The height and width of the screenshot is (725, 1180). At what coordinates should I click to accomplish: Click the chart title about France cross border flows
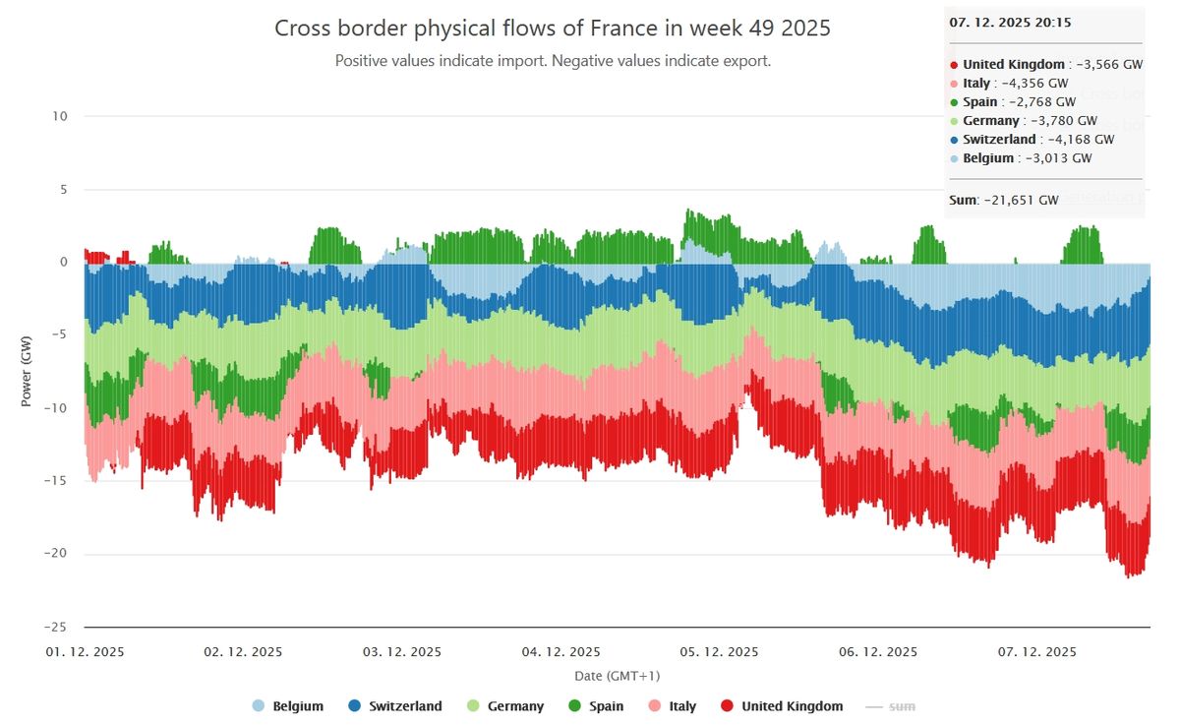552,29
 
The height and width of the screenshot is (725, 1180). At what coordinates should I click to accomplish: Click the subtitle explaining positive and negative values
552,61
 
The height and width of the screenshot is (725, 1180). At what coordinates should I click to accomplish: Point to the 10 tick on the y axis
61,116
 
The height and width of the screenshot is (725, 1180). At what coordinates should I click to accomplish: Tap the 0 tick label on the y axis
63,262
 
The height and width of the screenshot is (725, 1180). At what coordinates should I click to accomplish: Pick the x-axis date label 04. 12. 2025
560,652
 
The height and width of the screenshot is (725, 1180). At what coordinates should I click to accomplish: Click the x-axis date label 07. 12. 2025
1037,652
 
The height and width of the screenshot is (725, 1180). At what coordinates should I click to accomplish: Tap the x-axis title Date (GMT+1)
617,676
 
